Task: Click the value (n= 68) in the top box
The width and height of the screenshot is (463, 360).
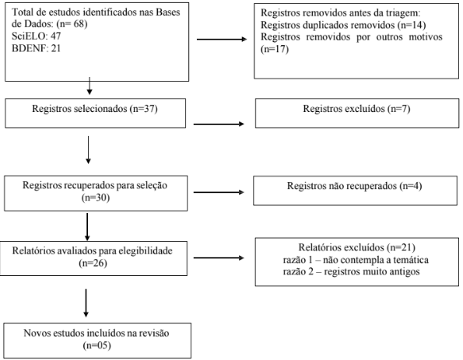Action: [x=72, y=24]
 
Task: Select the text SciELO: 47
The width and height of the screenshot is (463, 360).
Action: [x=36, y=36]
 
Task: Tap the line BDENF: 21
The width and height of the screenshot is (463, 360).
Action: [x=36, y=48]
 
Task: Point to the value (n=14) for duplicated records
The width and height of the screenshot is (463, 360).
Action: [x=412, y=25]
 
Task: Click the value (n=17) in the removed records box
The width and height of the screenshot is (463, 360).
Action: [x=275, y=49]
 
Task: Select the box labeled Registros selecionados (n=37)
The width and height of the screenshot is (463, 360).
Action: [x=96, y=114]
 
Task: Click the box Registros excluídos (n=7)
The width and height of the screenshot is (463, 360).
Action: [x=357, y=114]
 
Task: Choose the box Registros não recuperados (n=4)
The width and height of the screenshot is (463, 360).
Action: [x=355, y=190]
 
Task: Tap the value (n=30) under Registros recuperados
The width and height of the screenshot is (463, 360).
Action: [x=96, y=197]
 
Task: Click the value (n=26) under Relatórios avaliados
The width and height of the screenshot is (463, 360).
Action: [x=93, y=263]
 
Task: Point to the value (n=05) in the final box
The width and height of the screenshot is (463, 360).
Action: [x=96, y=345]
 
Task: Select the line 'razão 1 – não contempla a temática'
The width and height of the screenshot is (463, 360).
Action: [x=356, y=260]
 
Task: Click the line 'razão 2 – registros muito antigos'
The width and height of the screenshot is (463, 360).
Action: [x=351, y=271]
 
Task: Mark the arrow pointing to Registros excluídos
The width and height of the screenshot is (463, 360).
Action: [x=219, y=124]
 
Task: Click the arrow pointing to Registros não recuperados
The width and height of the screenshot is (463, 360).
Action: [x=219, y=192]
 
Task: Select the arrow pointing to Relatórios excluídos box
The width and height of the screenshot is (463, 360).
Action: [x=219, y=258]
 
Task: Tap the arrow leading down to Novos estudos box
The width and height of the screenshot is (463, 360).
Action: [x=86, y=303]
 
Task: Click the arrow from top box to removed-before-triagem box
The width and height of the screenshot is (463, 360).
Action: [x=222, y=39]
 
